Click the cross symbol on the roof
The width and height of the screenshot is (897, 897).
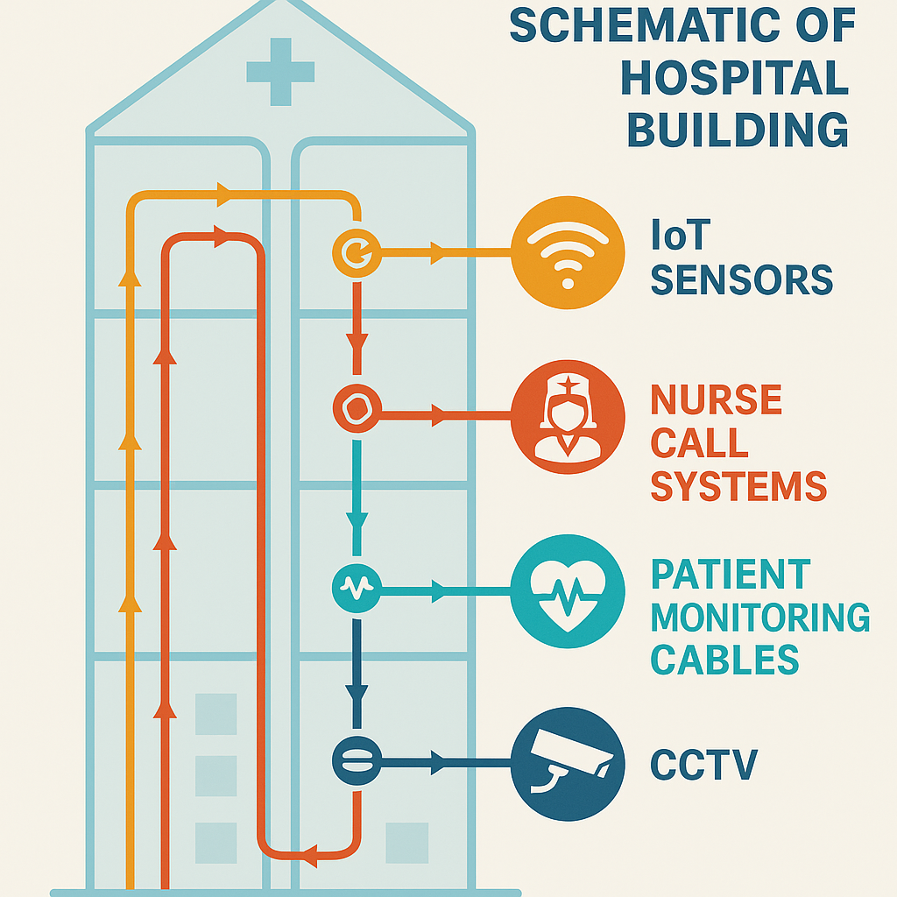[x=280, y=72]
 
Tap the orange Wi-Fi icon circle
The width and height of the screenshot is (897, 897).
[x=567, y=253]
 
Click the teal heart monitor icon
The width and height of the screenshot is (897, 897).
[x=567, y=591]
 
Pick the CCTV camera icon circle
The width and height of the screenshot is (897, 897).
[x=567, y=763]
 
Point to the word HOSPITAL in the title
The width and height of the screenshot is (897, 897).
[x=734, y=79]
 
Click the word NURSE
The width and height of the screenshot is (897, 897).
[x=716, y=400]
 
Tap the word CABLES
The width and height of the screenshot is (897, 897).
[x=724, y=660]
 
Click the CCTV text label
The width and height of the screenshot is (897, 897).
[x=703, y=765]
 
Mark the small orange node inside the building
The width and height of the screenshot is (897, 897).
[x=355, y=253]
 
